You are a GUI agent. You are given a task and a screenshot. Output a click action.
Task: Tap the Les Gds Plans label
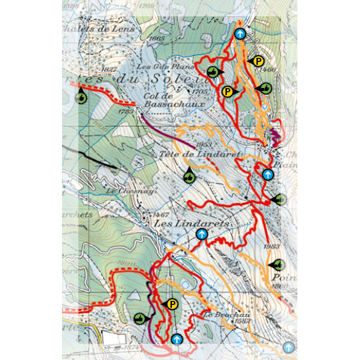[154, 67]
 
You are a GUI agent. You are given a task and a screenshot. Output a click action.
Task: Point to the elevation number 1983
[272, 246]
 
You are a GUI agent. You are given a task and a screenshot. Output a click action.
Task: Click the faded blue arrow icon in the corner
[288, 347]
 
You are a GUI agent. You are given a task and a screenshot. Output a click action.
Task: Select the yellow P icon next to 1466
[259, 61]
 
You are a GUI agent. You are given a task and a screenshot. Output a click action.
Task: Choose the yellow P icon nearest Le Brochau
[172, 304]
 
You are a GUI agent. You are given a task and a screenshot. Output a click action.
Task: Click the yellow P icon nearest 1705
[228, 91]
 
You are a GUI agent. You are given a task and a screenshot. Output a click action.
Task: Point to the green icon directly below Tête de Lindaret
[190, 176]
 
